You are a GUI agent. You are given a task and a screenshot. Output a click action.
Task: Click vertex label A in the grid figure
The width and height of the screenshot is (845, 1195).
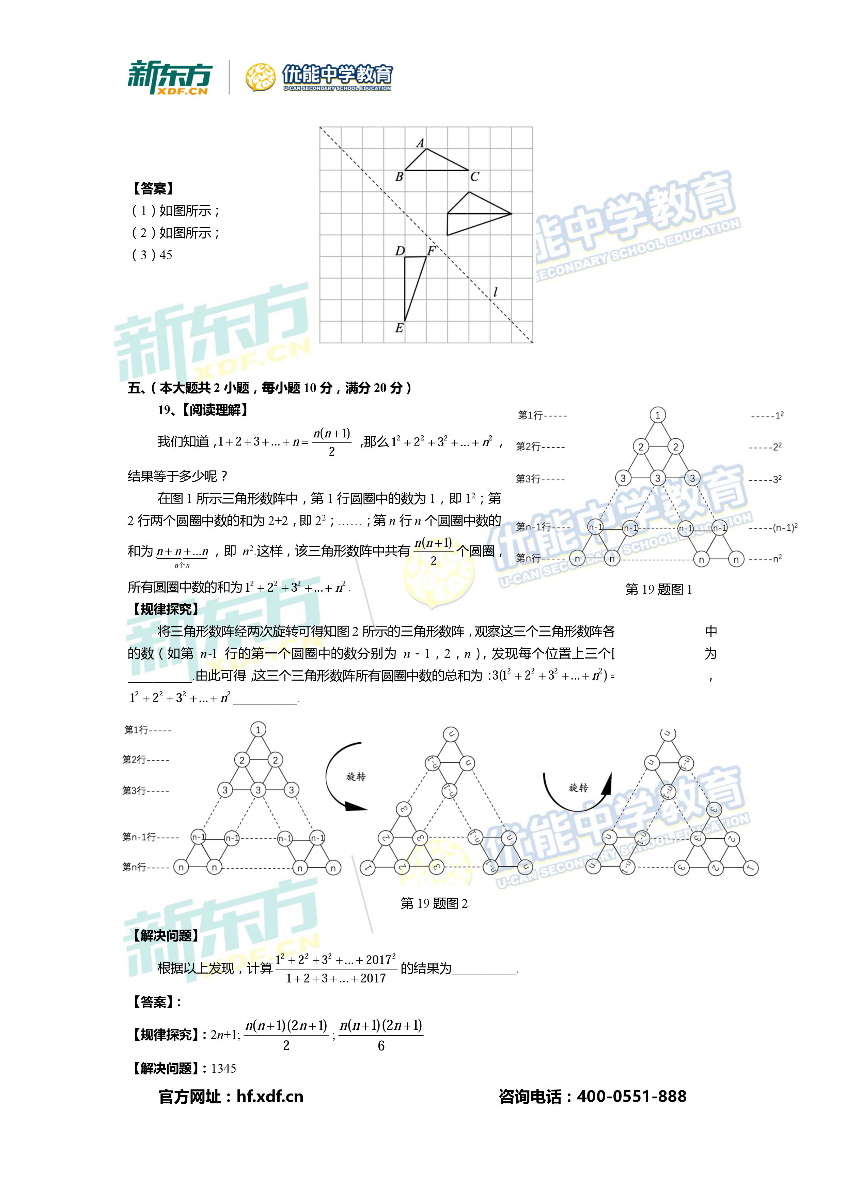click(420, 143)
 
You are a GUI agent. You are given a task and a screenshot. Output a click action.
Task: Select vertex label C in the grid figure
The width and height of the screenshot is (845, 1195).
click(474, 177)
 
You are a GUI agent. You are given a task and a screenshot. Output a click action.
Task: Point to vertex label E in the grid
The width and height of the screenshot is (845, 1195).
click(399, 328)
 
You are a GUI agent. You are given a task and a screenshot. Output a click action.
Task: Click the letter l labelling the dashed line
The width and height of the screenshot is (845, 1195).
click(495, 293)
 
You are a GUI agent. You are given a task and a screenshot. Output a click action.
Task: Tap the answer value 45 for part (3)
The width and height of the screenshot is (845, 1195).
click(166, 255)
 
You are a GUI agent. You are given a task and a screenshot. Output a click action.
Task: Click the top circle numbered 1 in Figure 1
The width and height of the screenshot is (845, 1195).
click(658, 415)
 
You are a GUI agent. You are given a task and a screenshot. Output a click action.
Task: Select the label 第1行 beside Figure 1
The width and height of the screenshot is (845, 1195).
click(530, 415)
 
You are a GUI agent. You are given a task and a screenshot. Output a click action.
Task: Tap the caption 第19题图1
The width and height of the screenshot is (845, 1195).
click(658, 589)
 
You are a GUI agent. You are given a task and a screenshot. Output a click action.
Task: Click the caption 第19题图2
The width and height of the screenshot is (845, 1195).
click(434, 903)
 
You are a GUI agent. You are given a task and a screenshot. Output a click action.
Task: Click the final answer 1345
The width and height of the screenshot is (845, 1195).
click(224, 1069)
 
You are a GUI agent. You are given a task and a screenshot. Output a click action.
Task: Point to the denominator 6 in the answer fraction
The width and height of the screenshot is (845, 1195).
click(381, 1046)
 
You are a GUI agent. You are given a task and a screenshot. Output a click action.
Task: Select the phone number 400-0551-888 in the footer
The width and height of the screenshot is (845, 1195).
click(632, 1097)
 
